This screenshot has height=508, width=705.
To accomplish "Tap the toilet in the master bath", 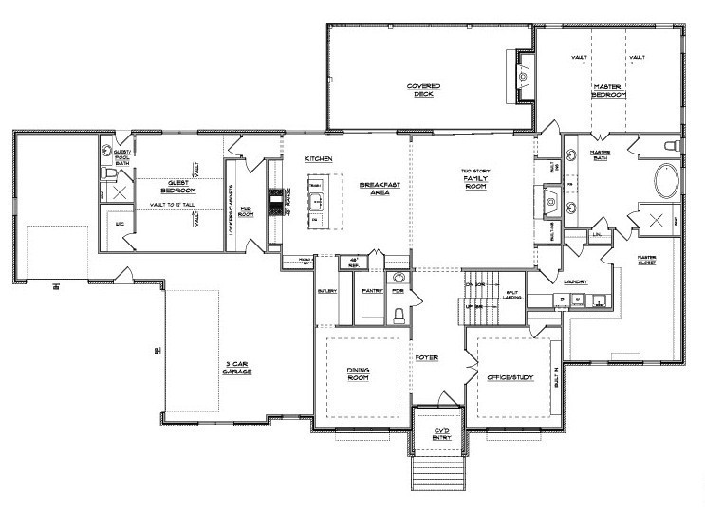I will click(669, 146).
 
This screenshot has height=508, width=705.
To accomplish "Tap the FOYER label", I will click(427, 358).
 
